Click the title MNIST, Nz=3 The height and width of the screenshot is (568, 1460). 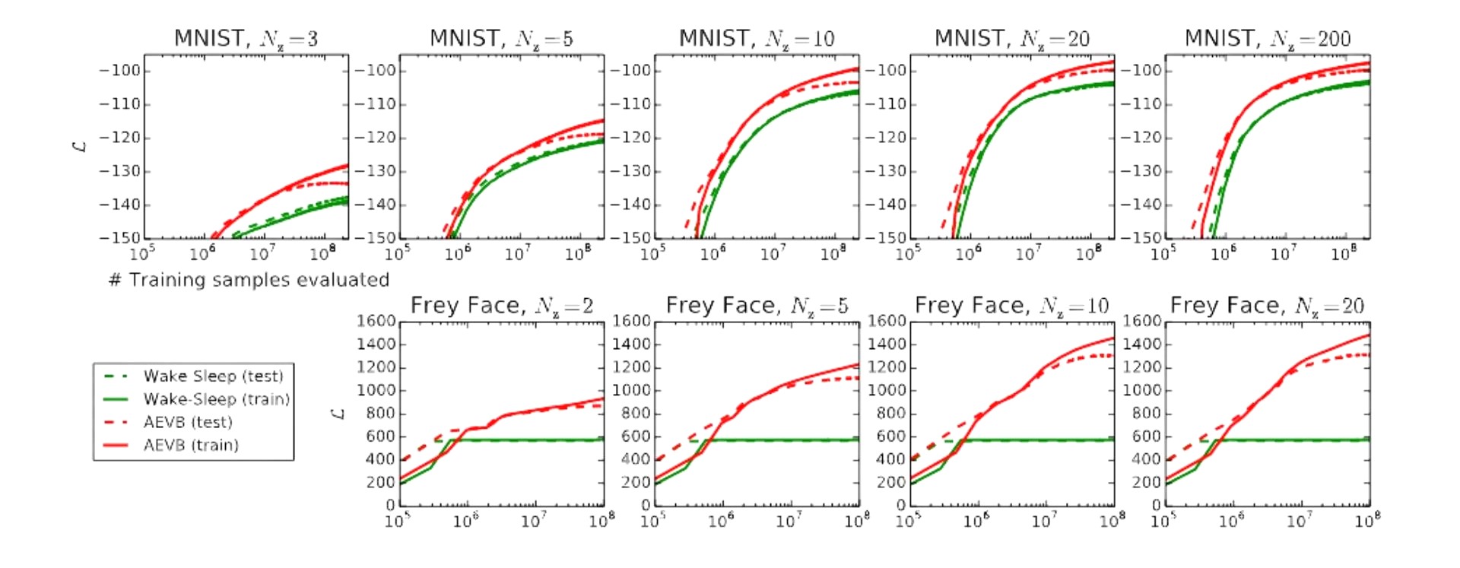click(246, 38)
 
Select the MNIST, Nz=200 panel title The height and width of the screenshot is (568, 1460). click(1267, 38)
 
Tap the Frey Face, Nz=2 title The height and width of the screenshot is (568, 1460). click(501, 306)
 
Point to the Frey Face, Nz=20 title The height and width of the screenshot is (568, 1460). click(1267, 306)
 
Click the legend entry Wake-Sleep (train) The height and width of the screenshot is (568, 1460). click(216, 399)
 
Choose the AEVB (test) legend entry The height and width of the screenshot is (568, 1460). click(188, 422)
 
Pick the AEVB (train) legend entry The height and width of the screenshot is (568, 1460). click(191, 445)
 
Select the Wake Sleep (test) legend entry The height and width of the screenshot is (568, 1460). click(213, 376)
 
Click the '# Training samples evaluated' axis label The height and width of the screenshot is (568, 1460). click(249, 280)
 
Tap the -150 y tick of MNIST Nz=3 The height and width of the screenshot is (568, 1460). click(121, 238)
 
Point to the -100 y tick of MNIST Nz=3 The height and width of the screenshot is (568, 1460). click(121, 71)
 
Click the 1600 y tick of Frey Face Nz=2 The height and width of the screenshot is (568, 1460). click(376, 321)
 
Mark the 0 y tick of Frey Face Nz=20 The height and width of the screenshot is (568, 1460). click(1156, 505)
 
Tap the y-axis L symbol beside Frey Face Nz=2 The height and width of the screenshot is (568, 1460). click(338, 413)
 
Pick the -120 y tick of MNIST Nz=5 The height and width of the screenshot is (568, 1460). click(376, 138)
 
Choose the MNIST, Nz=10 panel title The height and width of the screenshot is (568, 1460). click(757, 38)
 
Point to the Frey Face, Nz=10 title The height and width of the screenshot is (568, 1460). click(1011, 306)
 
